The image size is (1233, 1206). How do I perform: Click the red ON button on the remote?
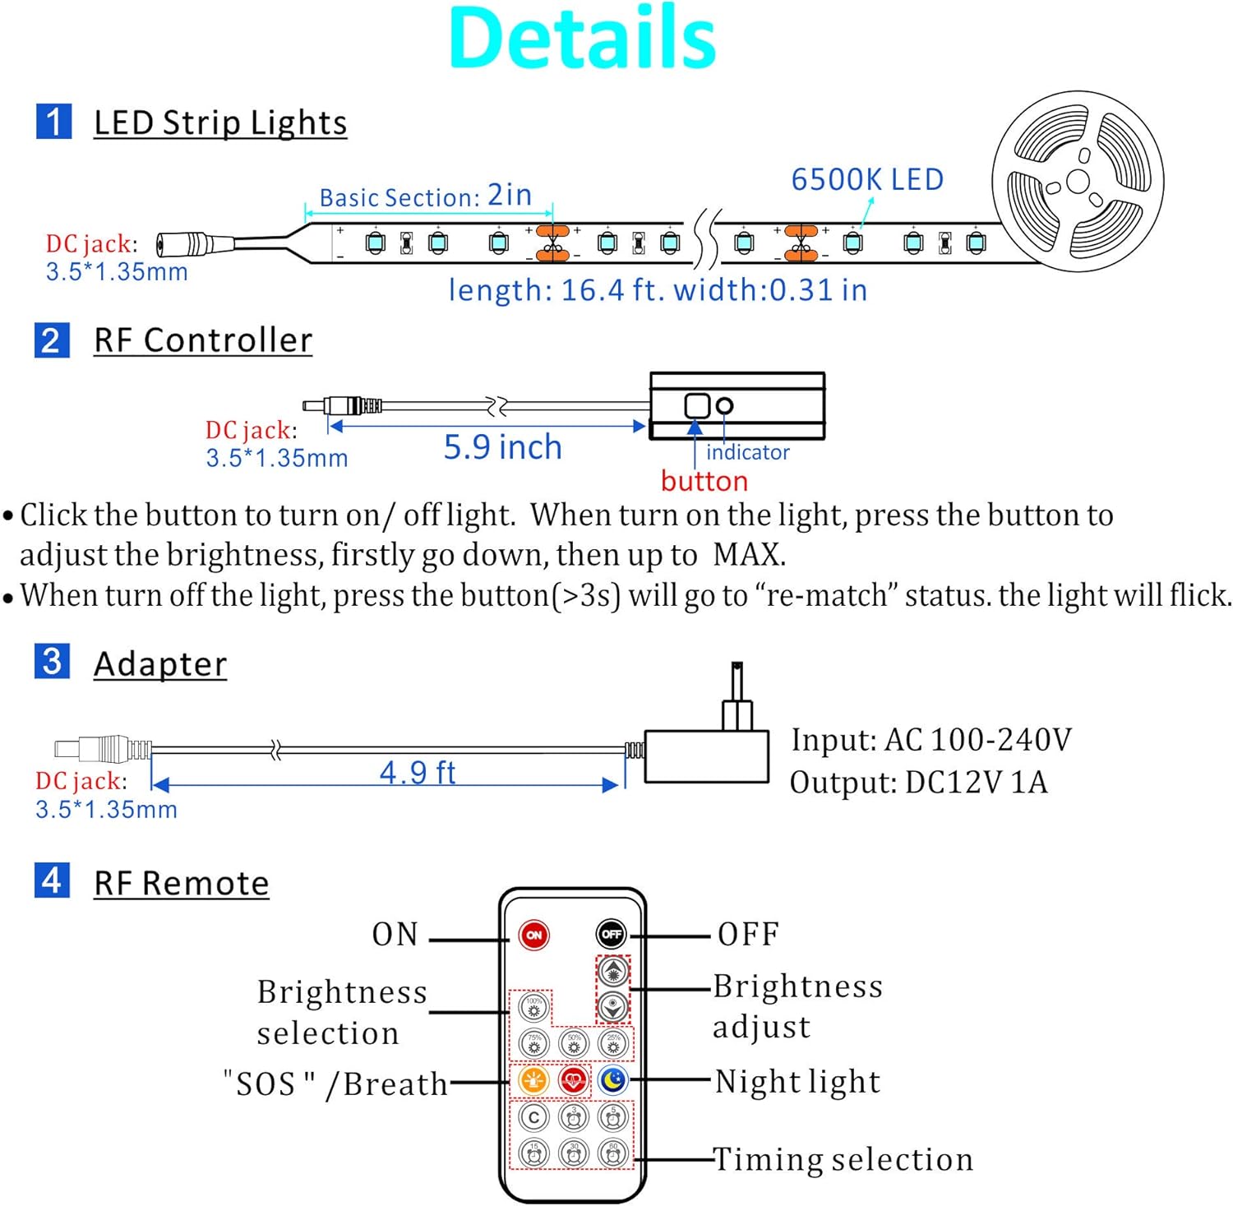[534, 935]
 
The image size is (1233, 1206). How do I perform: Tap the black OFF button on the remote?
[612, 934]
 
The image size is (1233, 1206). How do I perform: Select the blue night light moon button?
[613, 1079]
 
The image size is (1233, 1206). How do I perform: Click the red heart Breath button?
[574, 1079]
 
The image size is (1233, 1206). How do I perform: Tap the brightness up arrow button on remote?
[613, 972]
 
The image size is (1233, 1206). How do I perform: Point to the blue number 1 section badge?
[53, 122]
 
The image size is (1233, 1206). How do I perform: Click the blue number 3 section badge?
[52, 661]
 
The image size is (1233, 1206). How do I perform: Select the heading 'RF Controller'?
[203, 340]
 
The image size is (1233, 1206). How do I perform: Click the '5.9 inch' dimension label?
[503, 447]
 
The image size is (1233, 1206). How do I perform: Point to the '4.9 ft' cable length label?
[418, 772]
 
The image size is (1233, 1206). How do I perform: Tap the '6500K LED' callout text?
[867, 179]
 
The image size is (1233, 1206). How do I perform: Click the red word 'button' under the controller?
[704, 481]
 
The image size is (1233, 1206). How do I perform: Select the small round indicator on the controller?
[724, 405]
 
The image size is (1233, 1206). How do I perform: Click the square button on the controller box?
[697, 404]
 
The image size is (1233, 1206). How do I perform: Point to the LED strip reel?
[1077, 181]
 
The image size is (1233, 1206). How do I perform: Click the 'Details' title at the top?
[583, 38]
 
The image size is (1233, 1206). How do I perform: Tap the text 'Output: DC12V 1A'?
[919, 783]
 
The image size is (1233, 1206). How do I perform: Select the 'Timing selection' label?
[843, 1159]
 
